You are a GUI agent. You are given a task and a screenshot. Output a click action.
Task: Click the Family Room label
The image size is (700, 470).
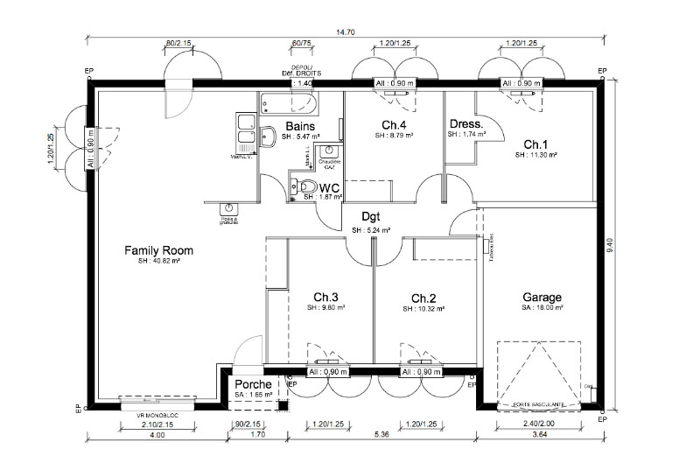[158, 250]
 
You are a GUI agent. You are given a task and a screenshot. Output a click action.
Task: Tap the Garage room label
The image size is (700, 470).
[542, 297]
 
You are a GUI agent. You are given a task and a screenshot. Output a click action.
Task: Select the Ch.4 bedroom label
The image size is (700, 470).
[395, 124]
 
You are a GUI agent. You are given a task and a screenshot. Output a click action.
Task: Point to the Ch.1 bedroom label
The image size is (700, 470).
[535, 144]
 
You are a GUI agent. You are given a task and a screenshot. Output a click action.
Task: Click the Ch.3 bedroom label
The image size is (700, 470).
[325, 296]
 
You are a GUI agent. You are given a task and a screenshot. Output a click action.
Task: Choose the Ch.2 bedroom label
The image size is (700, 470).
[423, 297]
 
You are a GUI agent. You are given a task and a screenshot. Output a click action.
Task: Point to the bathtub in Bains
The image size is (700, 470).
[290, 105]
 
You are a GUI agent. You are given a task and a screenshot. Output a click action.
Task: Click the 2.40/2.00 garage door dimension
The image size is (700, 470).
[539, 424]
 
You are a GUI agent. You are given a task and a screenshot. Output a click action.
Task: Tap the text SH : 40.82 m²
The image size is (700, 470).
[158, 261]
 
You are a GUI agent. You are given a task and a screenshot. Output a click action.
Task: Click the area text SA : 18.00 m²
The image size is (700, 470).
[542, 308]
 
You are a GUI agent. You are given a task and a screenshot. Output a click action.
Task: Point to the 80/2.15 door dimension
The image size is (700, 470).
[178, 43]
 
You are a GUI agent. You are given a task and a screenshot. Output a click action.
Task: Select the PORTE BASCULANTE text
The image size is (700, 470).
[538, 404]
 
